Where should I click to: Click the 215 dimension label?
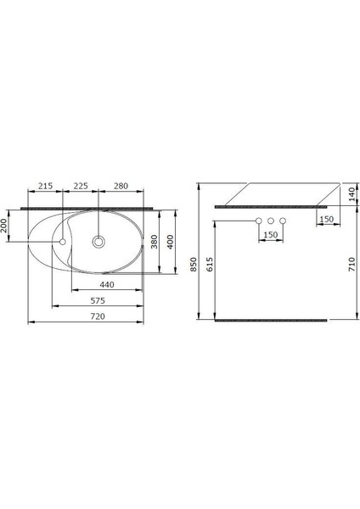[46, 186]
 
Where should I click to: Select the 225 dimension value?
[81, 186]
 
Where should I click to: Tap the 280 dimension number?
[121, 186]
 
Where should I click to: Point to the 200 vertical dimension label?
[4, 226]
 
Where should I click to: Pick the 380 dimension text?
[154, 242]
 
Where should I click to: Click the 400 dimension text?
[170, 242]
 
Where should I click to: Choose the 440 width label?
[107, 285]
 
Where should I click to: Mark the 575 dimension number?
[98, 300]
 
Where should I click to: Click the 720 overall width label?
[98, 316]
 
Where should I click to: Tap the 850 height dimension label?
[194, 264]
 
